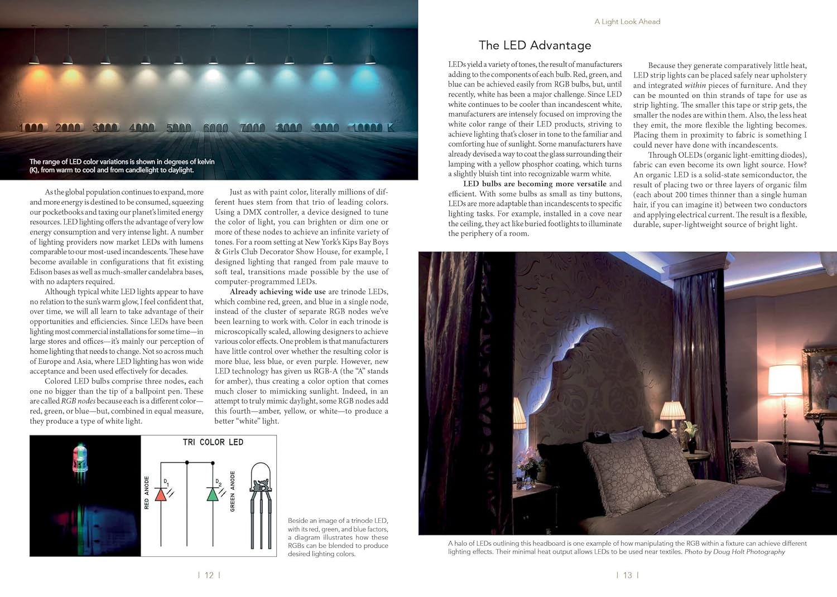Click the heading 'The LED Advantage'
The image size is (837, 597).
point(535,45)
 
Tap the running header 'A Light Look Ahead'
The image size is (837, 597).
point(627,22)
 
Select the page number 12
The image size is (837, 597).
point(209,575)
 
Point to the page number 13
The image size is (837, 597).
point(628,575)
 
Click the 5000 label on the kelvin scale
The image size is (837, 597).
point(179,128)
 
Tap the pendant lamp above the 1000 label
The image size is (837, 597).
point(34,59)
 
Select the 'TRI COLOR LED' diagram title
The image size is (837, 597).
point(213,442)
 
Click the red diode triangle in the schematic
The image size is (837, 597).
point(161,494)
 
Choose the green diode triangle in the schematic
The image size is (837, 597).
point(213,494)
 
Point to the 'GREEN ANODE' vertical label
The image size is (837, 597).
point(233,491)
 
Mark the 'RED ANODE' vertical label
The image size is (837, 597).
point(147,492)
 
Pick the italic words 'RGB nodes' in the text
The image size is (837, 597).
point(76,401)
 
